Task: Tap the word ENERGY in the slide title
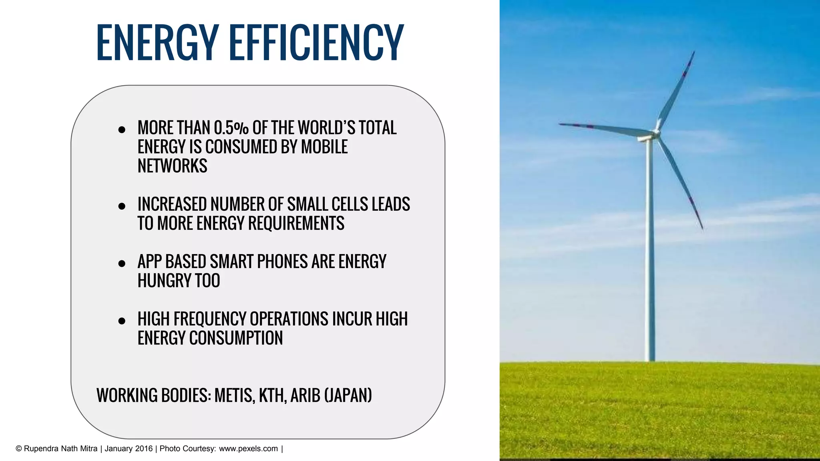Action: pyautogui.click(x=157, y=42)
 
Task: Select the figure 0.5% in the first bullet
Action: pyautogui.click(x=231, y=128)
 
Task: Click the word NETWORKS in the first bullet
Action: pyautogui.click(x=172, y=166)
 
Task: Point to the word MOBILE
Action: pyautogui.click(x=324, y=147)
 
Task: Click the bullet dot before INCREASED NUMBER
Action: pyautogui.click(x=122, y=206)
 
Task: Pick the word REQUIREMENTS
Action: pyautogui.click(x=296, y=223)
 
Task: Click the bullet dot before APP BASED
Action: pyautogui.click(x=122, y=263)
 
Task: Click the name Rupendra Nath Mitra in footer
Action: pyautogui.click(x=60, y=449)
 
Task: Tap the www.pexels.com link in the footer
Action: pyautogui.click(x=248, y=449)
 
